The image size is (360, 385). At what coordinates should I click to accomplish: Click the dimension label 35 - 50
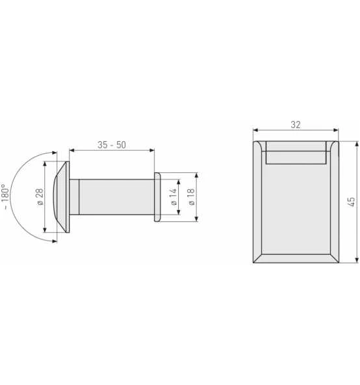click(112, 145)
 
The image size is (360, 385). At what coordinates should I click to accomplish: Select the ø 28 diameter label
click(40, 197)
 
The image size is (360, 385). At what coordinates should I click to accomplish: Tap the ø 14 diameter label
click(174, 197)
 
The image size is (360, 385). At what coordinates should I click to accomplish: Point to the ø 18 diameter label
click(192, 197)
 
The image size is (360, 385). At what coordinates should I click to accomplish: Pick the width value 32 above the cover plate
click(296, 124)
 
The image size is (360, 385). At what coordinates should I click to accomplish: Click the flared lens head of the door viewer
click(62, 197)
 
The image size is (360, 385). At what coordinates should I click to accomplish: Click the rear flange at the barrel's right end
click(157, 197)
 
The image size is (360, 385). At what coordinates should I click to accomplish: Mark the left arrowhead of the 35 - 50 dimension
click(71, 150)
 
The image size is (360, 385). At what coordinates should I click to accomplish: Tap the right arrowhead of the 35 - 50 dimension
click(153, 150)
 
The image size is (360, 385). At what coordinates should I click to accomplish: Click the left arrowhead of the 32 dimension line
click(255, 130)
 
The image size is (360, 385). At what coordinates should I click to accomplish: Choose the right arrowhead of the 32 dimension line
click(337, 130)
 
